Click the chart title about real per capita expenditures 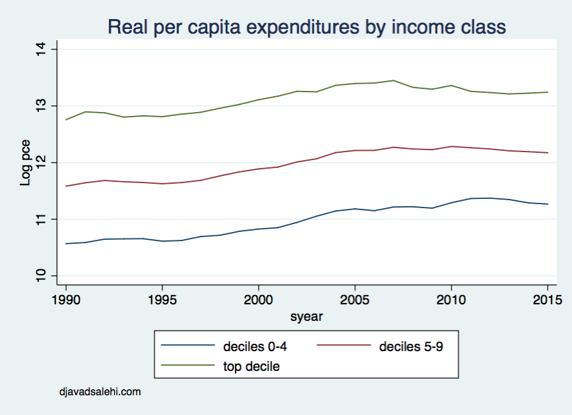[307, 27]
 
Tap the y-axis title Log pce [26, 162]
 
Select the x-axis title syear [307, 317]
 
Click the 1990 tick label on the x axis [66, 299]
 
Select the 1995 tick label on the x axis [162, 299]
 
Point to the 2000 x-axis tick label [259, 299]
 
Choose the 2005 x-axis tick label [355, 299]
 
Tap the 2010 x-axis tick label [451, 299]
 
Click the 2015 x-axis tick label [548, 299]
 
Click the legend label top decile [251, 367]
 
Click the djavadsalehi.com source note [100, 392]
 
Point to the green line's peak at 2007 [393, 80]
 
